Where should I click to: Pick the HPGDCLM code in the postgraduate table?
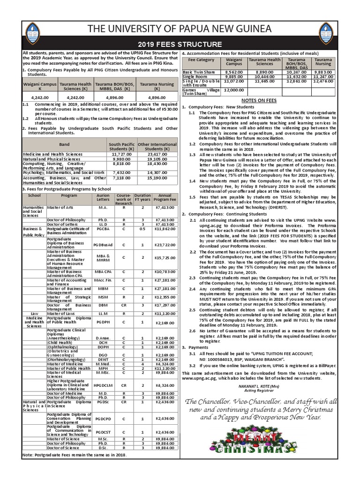point(103,386)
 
